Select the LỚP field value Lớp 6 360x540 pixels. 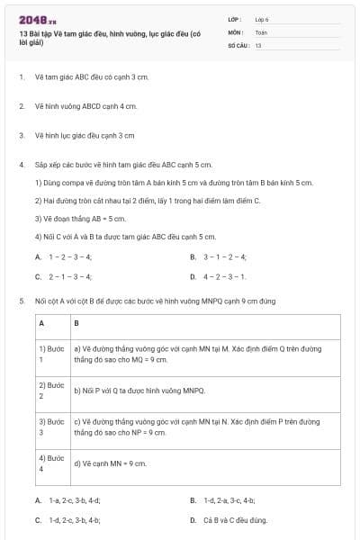[x=262, y=18]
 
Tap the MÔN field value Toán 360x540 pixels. [x=261, y=31]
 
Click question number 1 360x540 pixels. [x=21, y=77]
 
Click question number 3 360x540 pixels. [x=21, y=135]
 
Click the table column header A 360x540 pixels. [x=41, y=322]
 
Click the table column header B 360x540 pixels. [x=76, y=322]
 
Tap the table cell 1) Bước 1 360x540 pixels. [x=52, y=353]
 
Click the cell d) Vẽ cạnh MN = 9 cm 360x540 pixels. [x=110, y=463]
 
